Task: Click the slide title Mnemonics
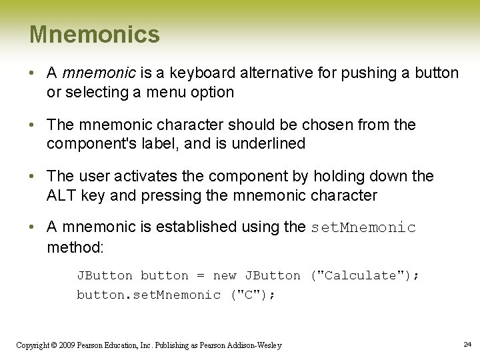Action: (x=95, y=35)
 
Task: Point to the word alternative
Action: (x=261, y=73)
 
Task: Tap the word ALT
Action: (x=61, y=195)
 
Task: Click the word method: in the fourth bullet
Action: (x=75, y=247)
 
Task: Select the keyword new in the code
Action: (x=225, y=275)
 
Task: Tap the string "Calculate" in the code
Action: (x=361, y=275)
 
